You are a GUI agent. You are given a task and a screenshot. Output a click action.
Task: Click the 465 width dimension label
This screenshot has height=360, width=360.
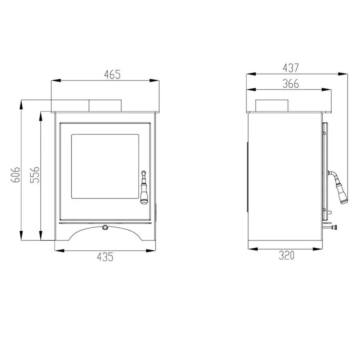click(112, 74)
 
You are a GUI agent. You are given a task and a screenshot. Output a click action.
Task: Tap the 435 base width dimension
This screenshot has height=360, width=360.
click(105, 257)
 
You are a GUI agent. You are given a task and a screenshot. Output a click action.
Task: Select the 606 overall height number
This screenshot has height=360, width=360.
click(15, 175)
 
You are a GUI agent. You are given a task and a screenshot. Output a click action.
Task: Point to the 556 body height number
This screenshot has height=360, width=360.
click(35, 175)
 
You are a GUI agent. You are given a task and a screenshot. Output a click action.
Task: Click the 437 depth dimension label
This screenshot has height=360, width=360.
click(291, 68)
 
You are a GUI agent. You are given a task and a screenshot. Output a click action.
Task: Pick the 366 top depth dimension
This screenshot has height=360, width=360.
click(291, 84)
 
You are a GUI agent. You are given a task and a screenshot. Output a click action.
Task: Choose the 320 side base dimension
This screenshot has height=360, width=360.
click(286, 255)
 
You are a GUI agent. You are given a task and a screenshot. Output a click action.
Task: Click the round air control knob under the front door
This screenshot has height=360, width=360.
click(105, 227)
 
